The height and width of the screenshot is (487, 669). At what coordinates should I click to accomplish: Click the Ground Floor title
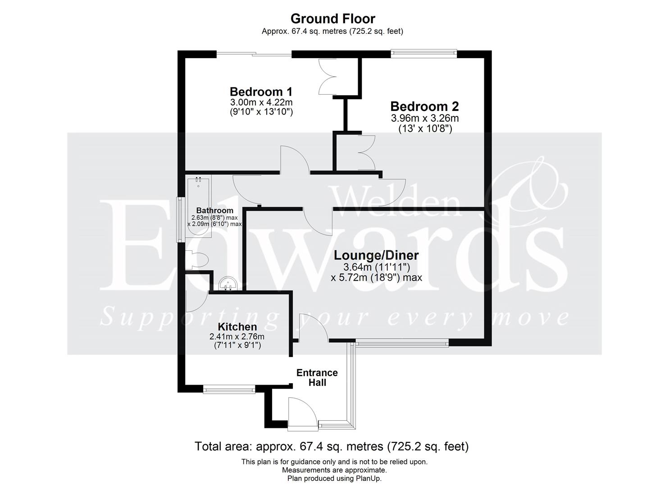point(332,19)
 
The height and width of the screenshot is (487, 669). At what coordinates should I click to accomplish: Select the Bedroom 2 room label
point(424,106)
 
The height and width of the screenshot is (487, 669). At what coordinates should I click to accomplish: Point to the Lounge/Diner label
point(376,255)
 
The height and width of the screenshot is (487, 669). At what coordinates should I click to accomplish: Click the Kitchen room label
point(237,326)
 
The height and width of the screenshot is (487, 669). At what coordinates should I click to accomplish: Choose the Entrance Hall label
point(317,377)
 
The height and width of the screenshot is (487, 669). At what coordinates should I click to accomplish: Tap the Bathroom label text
point(215,211)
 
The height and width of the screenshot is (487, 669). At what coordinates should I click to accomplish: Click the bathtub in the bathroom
point(199,207)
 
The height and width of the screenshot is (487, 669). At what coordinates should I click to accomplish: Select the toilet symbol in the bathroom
point(197,261)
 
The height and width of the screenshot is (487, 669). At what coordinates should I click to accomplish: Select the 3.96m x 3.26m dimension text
point(425,119)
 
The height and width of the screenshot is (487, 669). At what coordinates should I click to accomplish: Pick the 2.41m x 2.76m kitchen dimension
point(237,336)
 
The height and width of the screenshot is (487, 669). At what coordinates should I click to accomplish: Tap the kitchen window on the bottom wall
point(229,389)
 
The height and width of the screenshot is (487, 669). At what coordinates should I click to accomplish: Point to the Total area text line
point(332,446)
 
